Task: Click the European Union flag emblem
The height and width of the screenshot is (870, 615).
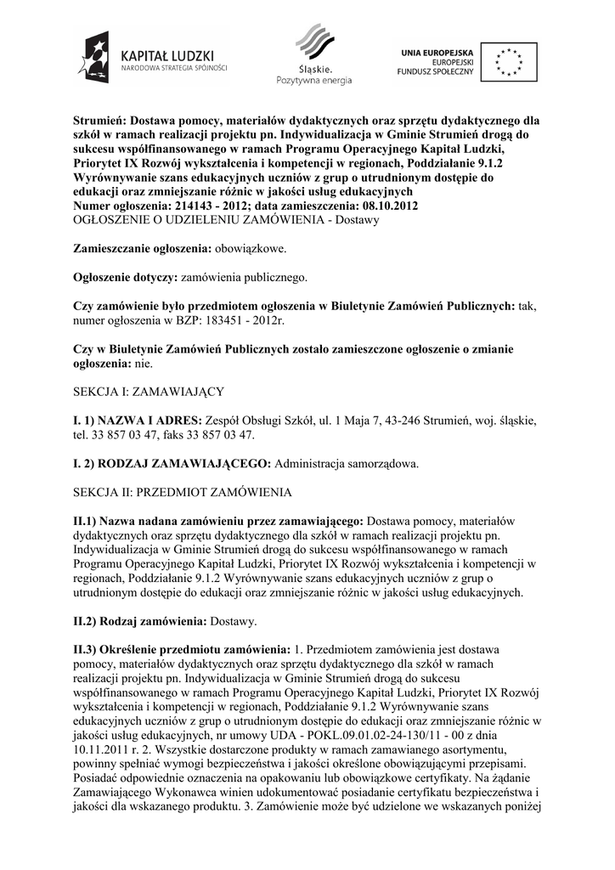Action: tap(509, 60)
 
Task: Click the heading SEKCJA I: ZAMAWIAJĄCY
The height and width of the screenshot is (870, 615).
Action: tap(149, 392)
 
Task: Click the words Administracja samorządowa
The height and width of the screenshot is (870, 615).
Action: tap(347, 464)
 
